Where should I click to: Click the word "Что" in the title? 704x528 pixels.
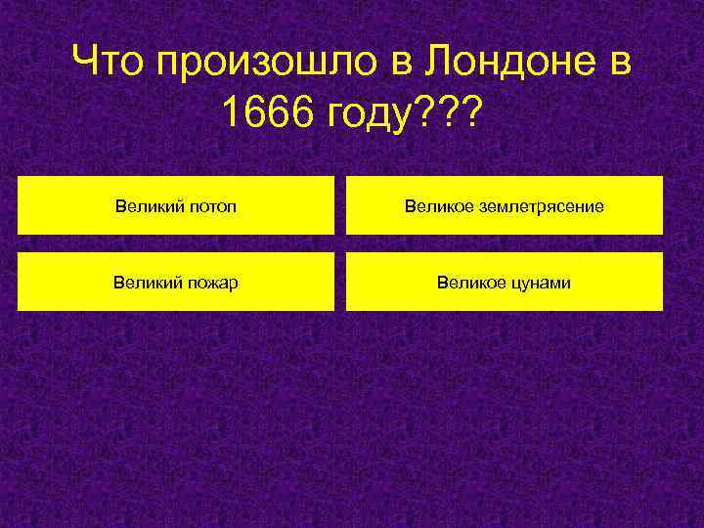(x=109, y=65)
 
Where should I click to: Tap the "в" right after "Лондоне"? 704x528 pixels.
(x=619, y=66)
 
